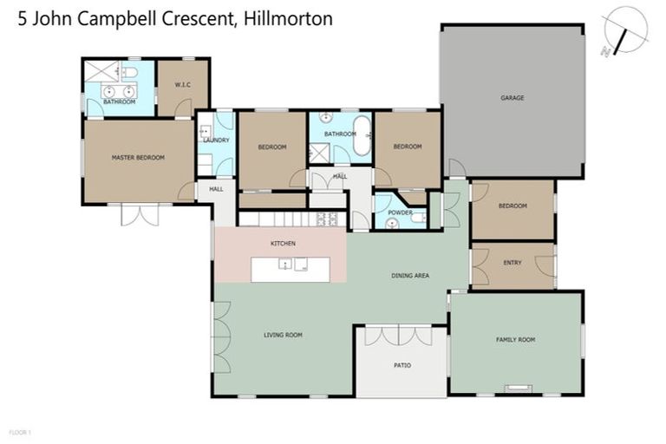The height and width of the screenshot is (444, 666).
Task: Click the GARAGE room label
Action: (512, 98)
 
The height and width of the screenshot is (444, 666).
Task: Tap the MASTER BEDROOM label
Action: (138, 158)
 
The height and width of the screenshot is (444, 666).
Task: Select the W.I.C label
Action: (181, 85)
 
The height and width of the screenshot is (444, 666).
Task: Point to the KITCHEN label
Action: (284, 244)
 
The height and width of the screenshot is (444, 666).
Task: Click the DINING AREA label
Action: (409, 276)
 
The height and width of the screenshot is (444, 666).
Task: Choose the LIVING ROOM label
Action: (283, 335)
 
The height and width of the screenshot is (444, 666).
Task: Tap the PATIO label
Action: (402, 365)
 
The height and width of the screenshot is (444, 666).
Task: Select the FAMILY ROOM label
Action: (515, 339)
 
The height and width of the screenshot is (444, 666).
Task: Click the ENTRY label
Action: (513, 263)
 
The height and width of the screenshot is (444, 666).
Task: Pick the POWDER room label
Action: (400, 212)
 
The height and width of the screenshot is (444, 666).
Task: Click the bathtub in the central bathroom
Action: (361, 141)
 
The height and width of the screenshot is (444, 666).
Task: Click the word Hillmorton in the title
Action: (288, 18)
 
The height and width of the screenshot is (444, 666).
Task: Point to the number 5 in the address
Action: (23, 18)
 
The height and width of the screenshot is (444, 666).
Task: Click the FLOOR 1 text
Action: (19, 431)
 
